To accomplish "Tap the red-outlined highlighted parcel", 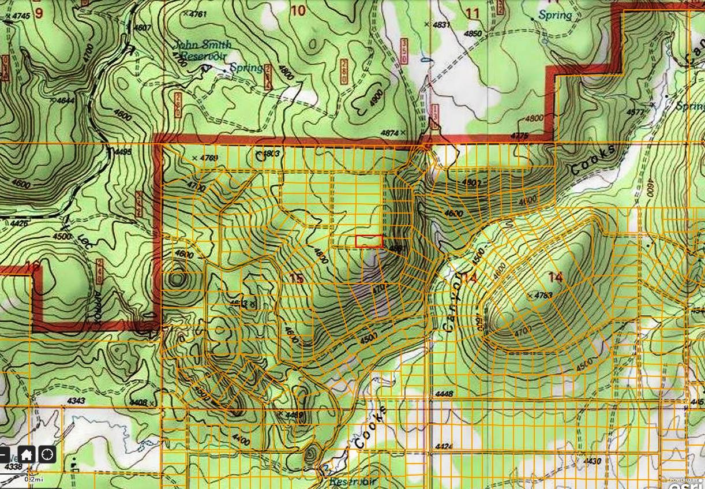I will [369, 241].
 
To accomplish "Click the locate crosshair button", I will [47, 454].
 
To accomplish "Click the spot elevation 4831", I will [440, 24].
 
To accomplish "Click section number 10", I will [298, 10].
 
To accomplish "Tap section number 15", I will [296, 278].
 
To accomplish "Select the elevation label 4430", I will [592, 461].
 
